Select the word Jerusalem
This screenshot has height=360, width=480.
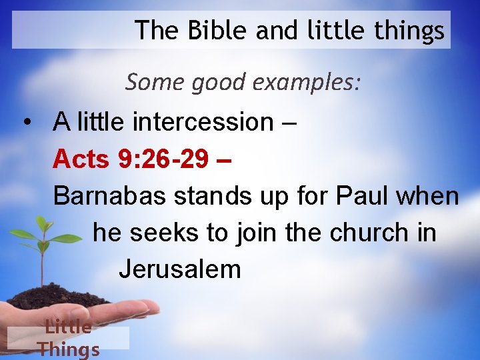[180, 269]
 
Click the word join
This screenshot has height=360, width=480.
[257, 233]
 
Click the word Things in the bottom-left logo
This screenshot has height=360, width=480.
[69, 349]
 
